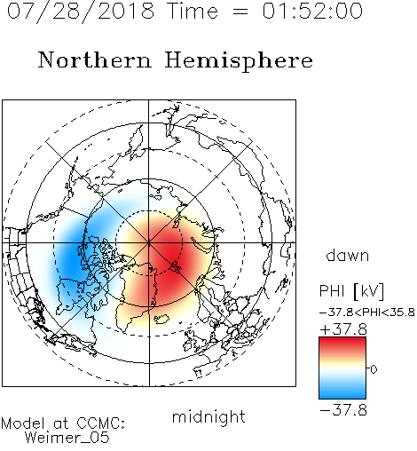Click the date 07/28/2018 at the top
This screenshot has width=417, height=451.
(81, 12)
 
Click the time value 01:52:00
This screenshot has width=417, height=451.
(312, 11)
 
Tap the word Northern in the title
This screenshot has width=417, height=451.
(95, 59)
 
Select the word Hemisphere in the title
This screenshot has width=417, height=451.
(239, 61)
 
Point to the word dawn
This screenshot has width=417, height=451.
(348, 255)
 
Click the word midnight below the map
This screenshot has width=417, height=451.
(208, 417)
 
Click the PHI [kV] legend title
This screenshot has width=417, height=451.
(351, 291)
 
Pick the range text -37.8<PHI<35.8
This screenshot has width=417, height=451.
(367, 313)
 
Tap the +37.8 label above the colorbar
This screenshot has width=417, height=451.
(343, 329)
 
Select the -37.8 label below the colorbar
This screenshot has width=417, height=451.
(343, 410)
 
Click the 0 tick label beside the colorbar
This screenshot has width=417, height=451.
(374, 369)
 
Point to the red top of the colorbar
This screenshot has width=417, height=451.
(342, 344)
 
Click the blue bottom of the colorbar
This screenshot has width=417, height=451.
(342, 392)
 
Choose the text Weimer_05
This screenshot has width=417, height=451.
(67, 437)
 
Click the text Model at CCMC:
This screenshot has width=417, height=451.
(63, 423)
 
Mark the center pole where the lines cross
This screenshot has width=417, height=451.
(149, 243)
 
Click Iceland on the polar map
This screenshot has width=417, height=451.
(161, 319)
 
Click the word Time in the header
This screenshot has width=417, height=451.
(193, 12)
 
